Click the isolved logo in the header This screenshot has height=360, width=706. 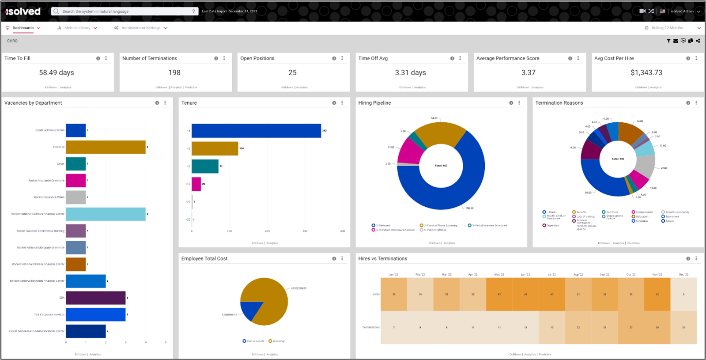tap(23, 11)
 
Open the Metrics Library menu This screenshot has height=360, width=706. tap(77, 28)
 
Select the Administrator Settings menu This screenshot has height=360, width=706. tap(141, 28)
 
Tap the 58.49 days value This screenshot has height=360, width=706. tap(57, 72)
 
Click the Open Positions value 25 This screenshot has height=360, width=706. tap(292, 72)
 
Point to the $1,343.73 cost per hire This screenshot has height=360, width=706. tap(646, 72)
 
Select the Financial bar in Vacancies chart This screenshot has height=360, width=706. tap(106, 147)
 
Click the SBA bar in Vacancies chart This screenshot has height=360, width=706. tap(95, 298)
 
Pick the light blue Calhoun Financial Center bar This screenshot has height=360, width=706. tap(106, 214)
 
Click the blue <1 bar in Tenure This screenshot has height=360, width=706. tap(256, 131)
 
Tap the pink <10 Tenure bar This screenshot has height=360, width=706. tap(196, 184)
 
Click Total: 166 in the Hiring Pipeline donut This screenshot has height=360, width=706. tap(441, 166)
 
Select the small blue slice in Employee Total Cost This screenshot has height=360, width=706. tap(250, 310)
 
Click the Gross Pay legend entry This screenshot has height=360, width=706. tap(277, 341)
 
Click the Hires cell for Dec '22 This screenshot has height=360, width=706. tap(683, 294)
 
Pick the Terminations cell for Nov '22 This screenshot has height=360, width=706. tap(657, 327)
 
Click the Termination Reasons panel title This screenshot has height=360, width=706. tap(559, 103)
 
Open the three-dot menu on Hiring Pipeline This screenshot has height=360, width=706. tap(519, 103)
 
